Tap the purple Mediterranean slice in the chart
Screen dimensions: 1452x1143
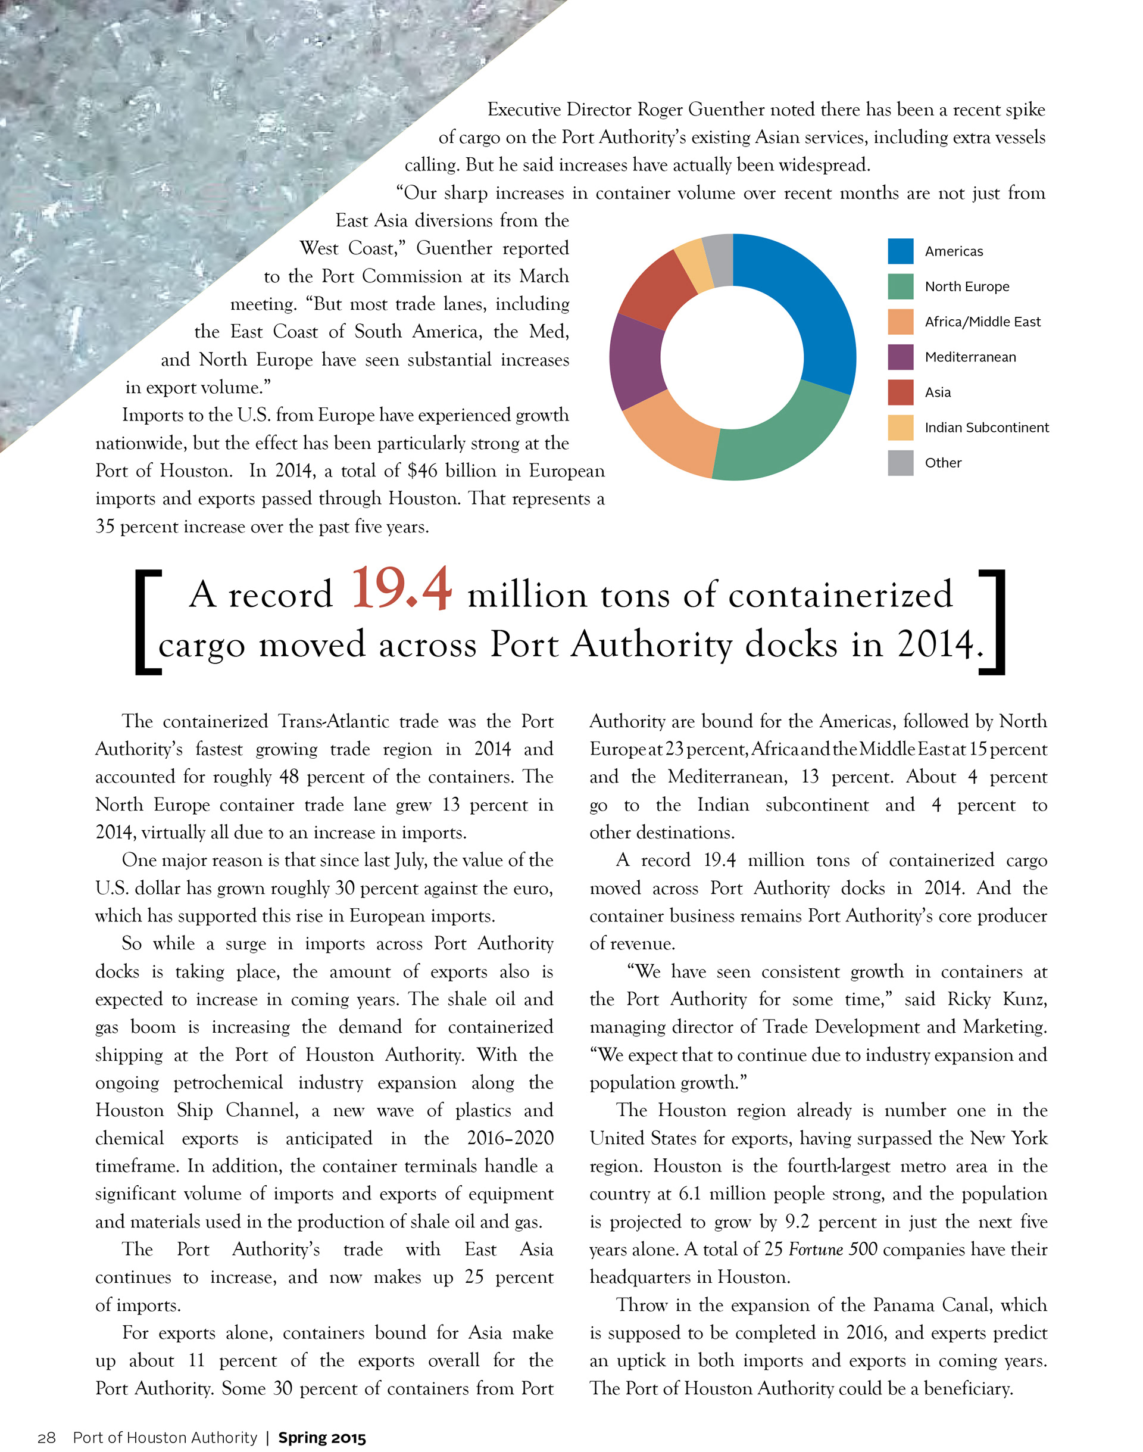point(636,362)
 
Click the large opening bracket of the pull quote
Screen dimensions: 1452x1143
point(148,622)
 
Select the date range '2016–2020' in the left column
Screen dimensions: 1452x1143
point(510,1138)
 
